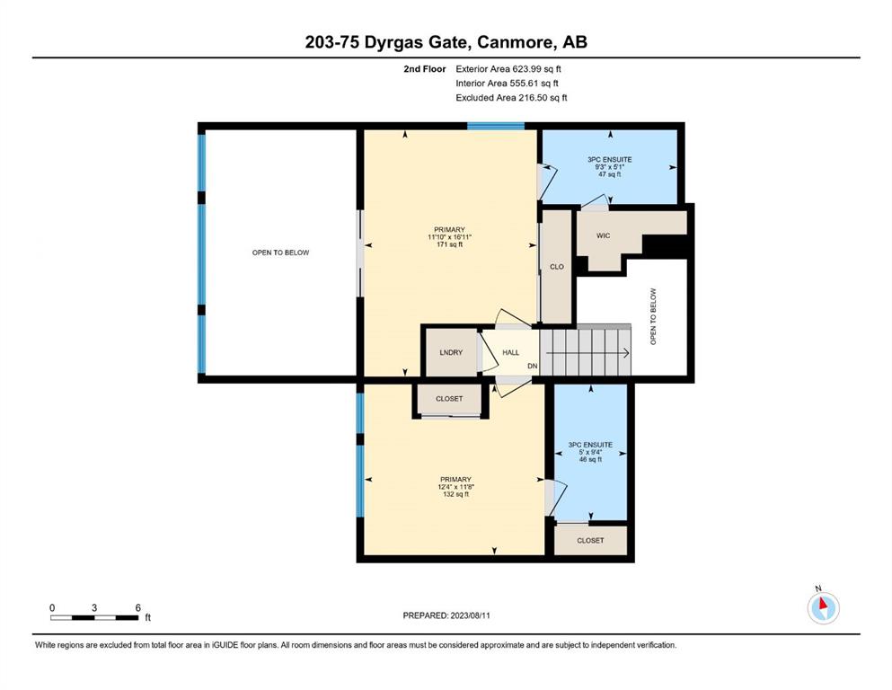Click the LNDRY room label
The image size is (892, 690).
451,353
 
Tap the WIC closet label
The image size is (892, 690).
603,235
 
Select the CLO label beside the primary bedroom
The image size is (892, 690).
557,267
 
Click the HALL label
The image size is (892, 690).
511,353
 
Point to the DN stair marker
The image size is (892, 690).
533,367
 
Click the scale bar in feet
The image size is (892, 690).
94,617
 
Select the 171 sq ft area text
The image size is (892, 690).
449,244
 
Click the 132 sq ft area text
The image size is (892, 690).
455,494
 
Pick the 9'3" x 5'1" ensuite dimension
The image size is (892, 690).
610,167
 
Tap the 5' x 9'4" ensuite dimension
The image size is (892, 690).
590,452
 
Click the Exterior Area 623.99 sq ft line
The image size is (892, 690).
508,69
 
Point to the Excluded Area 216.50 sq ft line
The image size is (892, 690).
511,98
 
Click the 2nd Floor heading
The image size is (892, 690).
424,69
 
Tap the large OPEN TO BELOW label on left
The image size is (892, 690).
280,252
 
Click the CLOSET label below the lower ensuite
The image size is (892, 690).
590,540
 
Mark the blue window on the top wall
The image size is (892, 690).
496,127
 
